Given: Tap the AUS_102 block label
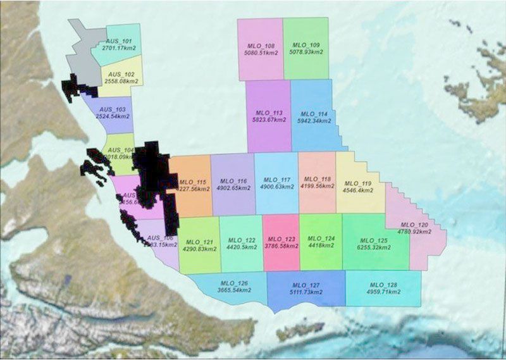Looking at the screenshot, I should tap(120, 75).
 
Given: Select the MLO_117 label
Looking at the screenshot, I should tap(276, 180).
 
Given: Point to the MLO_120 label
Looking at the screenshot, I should tap(414, 225).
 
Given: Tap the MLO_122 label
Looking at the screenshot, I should tap(242, 240).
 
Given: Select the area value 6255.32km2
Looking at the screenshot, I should tap(373, 248).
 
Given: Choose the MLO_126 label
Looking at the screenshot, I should tap(234, 282).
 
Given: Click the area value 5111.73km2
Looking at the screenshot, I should tap(305, 292).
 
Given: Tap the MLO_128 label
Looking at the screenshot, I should tap(383, 284).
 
